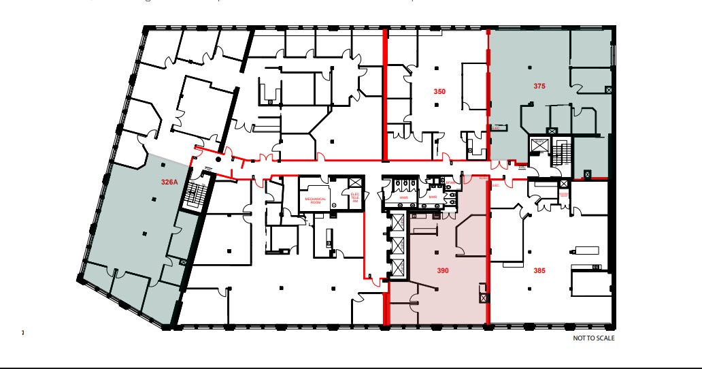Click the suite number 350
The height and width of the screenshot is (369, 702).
439,91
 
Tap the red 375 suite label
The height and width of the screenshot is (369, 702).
539,86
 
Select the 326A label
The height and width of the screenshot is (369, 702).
169,182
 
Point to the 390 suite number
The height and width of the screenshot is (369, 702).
442,270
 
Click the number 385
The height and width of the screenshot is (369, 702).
539,270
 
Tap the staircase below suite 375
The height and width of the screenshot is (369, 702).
561,152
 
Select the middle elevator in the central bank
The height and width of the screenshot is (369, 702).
397,244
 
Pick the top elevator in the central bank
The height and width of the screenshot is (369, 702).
397,223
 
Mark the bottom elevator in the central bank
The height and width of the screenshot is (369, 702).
397,268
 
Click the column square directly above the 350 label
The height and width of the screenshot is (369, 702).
437,67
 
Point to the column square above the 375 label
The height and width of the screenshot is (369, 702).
530,67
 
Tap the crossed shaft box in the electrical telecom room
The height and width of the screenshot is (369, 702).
354,182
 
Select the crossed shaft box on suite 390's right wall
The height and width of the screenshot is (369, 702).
483,298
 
